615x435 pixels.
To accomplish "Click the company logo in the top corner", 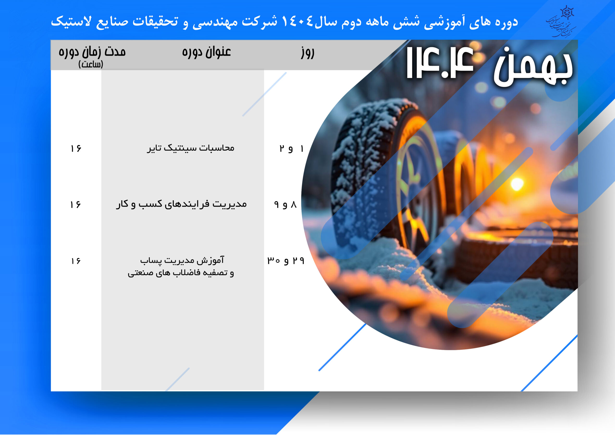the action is pos(561,21).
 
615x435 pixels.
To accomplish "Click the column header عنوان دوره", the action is pos(206,52).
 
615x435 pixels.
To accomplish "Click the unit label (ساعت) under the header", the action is pos(91,64).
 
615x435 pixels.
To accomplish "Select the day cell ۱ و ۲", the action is pos(291,149).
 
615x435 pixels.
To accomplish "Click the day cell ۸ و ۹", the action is pos(285,205).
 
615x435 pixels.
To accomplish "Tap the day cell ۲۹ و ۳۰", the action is pos(286,261).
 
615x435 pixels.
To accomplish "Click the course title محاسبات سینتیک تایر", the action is pos(191,148).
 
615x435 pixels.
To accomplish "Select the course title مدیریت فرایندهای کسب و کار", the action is pos(181,204).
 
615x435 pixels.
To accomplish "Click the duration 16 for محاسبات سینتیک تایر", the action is pos(76,149).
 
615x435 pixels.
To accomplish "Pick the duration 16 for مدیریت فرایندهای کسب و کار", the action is pos(75,205).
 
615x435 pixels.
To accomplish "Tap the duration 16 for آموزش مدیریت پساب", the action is pos(76,261).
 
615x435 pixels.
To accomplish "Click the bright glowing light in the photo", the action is pos(517,184).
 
